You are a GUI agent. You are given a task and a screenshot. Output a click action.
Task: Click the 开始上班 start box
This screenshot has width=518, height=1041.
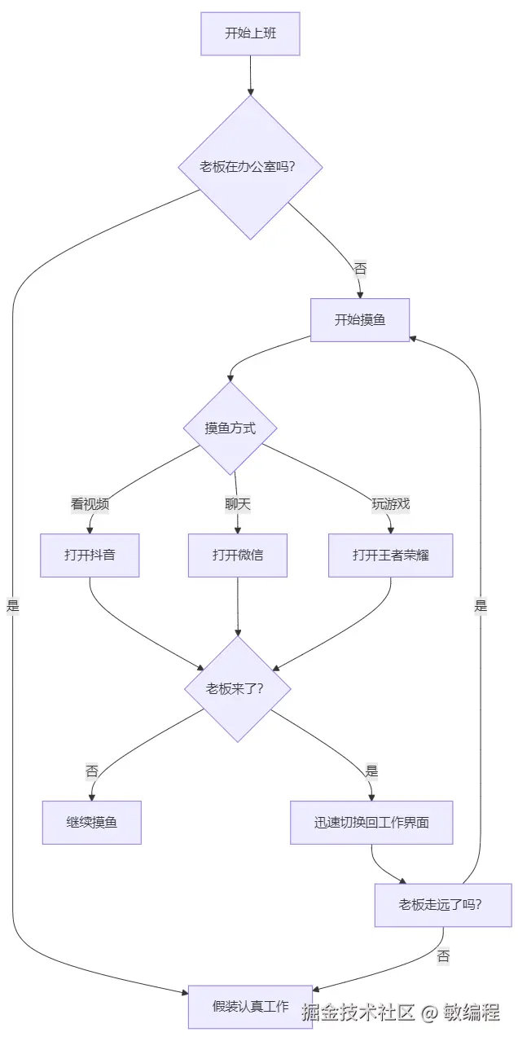[x=250, y=34]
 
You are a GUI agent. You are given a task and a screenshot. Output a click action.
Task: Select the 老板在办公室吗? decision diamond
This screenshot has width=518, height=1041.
[x=250, y=167]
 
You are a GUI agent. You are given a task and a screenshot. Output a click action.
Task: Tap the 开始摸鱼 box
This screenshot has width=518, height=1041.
[x=360, y=320]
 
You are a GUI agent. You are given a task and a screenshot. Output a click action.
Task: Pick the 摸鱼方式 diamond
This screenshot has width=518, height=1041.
[x=230, y=428]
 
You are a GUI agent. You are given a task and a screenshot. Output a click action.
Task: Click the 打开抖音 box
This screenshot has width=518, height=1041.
[x=90, y=556]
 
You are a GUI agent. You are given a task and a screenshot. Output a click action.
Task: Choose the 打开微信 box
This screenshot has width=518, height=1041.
[x=237, y=556]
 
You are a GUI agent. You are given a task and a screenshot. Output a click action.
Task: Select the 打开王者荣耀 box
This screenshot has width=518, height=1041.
[x=391, y=556]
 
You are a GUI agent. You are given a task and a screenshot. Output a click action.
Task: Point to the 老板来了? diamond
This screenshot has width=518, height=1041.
[x=237, y=689]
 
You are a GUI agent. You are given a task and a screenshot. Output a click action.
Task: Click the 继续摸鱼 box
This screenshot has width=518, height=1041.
[x=92, y=823]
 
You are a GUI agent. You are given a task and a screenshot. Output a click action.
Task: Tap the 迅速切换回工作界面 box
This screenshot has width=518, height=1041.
[x=371, y=823]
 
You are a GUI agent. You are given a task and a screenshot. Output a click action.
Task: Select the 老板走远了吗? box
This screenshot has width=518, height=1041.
[x=443, y=905]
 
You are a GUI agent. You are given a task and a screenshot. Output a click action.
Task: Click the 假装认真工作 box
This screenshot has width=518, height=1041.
[x=250, y=1007]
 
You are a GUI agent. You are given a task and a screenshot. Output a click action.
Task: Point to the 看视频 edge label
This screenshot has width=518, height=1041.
[x=90, y=503]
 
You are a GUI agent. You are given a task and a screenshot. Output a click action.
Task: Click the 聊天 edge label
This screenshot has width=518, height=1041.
[x=237, y=503]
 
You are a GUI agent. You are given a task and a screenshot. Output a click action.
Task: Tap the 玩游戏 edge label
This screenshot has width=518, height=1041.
[x=391, y=503]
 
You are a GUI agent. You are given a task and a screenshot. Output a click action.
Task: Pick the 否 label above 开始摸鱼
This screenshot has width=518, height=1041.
[x=360, y=269]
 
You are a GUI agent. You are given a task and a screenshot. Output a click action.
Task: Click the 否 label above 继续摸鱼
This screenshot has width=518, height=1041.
[x=92, y=771]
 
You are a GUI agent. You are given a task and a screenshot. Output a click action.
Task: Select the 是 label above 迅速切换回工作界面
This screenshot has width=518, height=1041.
[x=371, y=771]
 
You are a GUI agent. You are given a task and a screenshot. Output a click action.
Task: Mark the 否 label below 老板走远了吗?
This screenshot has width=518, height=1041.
[x=443, y=956]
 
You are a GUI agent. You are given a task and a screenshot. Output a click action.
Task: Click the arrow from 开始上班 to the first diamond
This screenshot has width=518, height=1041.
[x=250, y=75]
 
